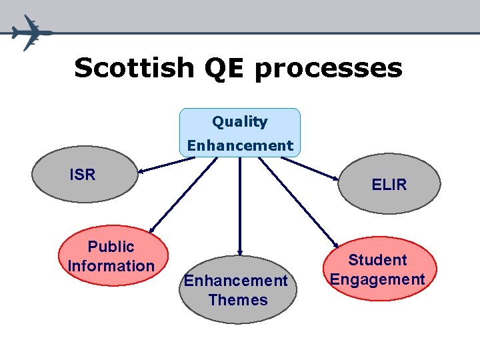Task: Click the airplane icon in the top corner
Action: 29,31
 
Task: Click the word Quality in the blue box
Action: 240,122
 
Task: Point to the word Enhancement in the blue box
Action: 240,145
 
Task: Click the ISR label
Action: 83,175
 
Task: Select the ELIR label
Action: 389,185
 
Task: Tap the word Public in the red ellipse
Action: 111,247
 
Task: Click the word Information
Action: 111,266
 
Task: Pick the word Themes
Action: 237,300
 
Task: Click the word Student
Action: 377,260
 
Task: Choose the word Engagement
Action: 377,279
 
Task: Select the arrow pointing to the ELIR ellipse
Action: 311,169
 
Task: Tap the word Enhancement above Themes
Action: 236,281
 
